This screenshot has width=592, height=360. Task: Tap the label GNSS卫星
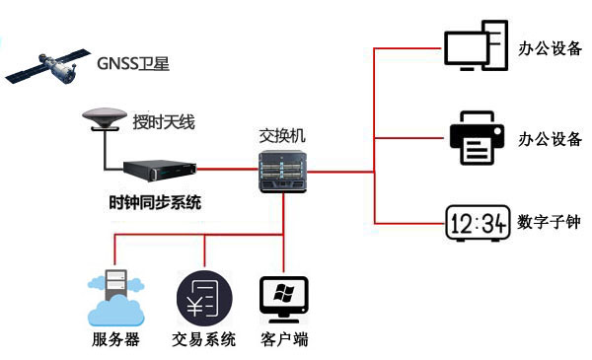(x=134, y=65)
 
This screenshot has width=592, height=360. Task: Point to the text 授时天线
(x=164, y=123)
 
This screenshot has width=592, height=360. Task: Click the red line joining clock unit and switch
(x=227, y=170)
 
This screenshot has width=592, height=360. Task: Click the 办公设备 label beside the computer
(x=550, y=47)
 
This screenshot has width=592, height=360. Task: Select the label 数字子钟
(x=550, y=223)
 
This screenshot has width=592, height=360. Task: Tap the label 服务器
(x=115, y=341)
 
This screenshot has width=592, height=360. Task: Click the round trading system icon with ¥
(x=203, y=297)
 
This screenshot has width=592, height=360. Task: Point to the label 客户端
(x=284, y=341)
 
